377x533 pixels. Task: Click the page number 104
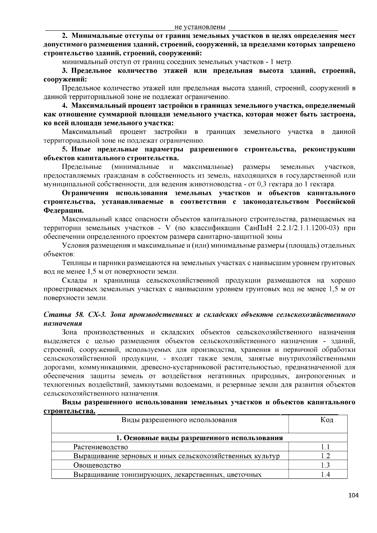click(353, 496)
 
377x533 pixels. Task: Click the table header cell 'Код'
click(327, 420)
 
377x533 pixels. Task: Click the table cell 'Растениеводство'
click(101, 447)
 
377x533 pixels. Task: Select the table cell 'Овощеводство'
click(97, 465)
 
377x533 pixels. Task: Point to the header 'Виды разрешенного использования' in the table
click(179, 420)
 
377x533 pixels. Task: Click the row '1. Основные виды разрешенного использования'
click(199, 438)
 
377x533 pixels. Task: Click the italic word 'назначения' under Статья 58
click(63, 323)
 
